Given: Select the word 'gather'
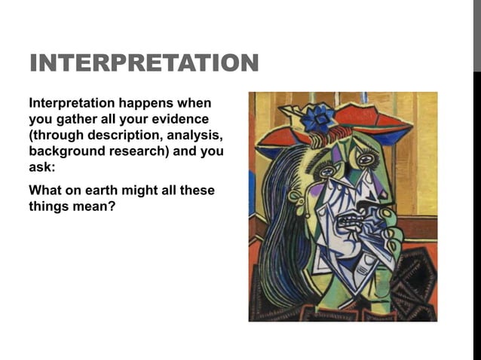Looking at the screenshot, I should (73, 119).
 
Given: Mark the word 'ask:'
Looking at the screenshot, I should (42, 166).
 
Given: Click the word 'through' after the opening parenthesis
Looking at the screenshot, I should (60, 135).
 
